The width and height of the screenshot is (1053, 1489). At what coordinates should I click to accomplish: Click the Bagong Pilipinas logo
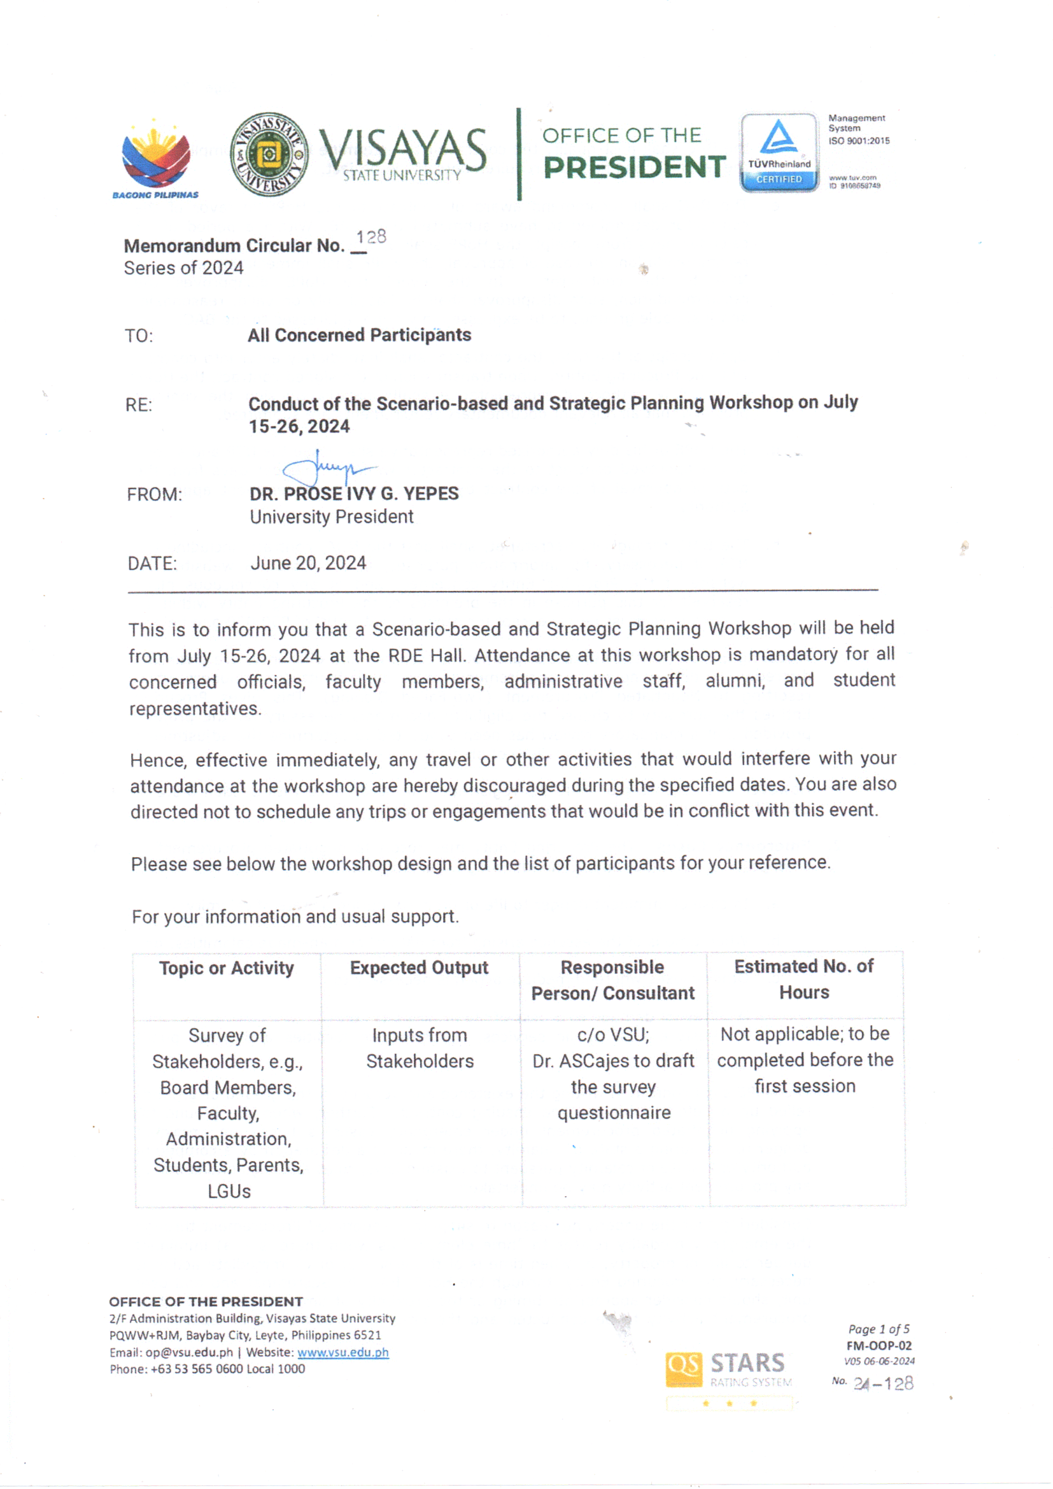[155, 159]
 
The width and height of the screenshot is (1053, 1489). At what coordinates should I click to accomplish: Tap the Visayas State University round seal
[269, 154]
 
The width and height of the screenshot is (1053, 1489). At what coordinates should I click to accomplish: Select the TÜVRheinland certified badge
[779, 153]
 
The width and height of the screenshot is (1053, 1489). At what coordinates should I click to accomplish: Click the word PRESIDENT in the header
[634, 167]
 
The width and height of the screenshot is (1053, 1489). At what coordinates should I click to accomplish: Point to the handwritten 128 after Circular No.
[371, 238]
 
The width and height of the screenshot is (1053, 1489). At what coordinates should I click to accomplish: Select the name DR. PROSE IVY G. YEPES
[354, 494]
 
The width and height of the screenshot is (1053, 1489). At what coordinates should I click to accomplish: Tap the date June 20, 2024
[308, 563]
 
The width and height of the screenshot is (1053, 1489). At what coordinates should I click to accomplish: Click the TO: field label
[139, 336]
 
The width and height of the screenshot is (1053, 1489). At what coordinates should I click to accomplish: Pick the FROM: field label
[154, 495]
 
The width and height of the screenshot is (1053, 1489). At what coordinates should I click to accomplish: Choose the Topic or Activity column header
[226, 968]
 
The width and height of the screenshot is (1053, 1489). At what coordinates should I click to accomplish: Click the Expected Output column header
[419, 967]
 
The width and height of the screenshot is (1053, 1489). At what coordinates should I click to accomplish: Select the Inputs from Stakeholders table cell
[420, 1048]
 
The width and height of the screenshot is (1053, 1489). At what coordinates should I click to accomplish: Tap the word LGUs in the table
[229, 1192]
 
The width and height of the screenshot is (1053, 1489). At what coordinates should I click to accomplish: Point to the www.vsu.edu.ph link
[343, 1352]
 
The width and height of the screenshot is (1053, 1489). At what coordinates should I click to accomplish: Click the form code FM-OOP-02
[879, 1346]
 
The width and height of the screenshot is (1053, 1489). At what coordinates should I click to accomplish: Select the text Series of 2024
[183, 268]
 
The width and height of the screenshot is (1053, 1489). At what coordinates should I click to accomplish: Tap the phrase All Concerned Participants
[359, 335]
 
